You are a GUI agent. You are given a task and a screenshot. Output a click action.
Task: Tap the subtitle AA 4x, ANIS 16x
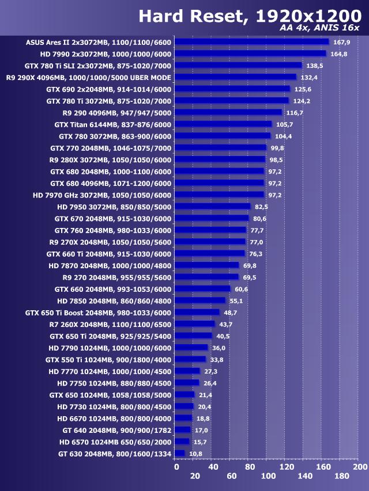pos(319,29)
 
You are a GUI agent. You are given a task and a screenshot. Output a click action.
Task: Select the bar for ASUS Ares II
pos(251,42)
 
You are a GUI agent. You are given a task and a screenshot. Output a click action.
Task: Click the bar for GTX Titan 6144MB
pos(223,124)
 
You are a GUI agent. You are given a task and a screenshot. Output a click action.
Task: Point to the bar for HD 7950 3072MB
pos(213,207)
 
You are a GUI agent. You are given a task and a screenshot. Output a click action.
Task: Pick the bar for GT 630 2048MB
pos(180,454)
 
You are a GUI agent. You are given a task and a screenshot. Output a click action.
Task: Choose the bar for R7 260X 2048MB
pos(194,324)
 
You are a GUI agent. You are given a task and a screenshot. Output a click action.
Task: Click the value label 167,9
pos(342,42)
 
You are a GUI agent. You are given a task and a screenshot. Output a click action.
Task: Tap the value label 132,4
pos(309,77)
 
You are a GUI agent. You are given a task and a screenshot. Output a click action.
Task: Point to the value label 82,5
pos(262,207)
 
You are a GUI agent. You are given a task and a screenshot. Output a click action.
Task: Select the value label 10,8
pos(195,454)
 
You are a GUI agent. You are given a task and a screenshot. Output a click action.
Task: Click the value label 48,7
pos(231,313)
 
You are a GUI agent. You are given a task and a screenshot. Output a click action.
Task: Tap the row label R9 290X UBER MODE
pos(88,77)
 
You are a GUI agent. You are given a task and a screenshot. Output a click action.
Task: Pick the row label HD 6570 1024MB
pos(115,442)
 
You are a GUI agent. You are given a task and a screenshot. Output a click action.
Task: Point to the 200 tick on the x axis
pos(360,467)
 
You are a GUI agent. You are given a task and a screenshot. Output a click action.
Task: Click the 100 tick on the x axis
pos(268,476)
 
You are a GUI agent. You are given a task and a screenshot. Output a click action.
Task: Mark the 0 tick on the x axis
pos(176,467)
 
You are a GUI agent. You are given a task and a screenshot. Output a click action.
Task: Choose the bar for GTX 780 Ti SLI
pos(238,66)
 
